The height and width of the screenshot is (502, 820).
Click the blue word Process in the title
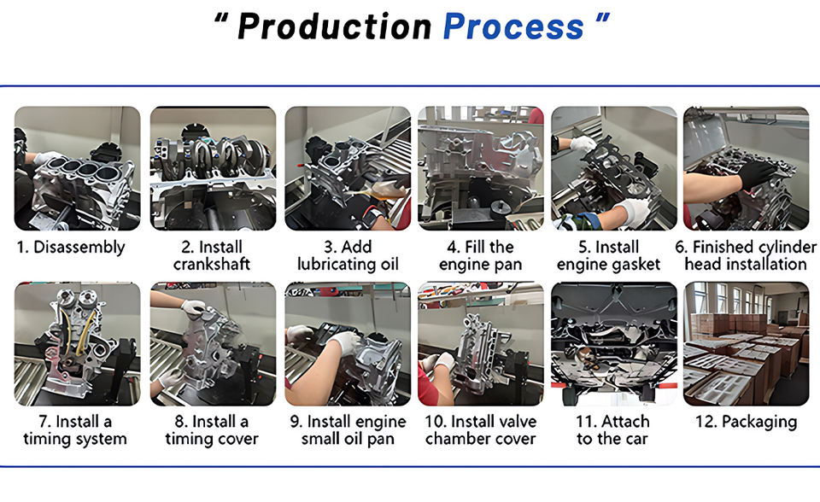click(513, 26)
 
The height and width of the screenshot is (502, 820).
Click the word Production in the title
click(335, 26)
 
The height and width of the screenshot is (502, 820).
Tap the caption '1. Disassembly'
click(71, 248)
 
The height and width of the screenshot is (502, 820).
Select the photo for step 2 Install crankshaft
click(213, 168)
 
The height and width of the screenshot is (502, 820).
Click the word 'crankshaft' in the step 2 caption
click(212, 264)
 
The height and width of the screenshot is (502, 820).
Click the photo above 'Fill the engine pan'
click(481, 168)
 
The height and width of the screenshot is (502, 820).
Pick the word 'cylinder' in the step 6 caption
click(787, 248)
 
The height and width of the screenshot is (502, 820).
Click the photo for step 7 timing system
click(78, 344)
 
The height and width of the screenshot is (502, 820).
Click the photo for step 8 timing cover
click(213, 344)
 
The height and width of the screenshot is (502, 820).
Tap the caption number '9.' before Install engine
click(296, 422)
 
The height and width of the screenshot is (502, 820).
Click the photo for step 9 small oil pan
click(348, 344)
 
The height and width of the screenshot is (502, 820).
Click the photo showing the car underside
click(614, 344)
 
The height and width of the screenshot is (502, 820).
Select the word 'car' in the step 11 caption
click(635, 439)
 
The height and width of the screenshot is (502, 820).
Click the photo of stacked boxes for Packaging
click(747, 344)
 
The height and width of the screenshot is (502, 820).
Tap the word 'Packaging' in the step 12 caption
click(759, 423)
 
